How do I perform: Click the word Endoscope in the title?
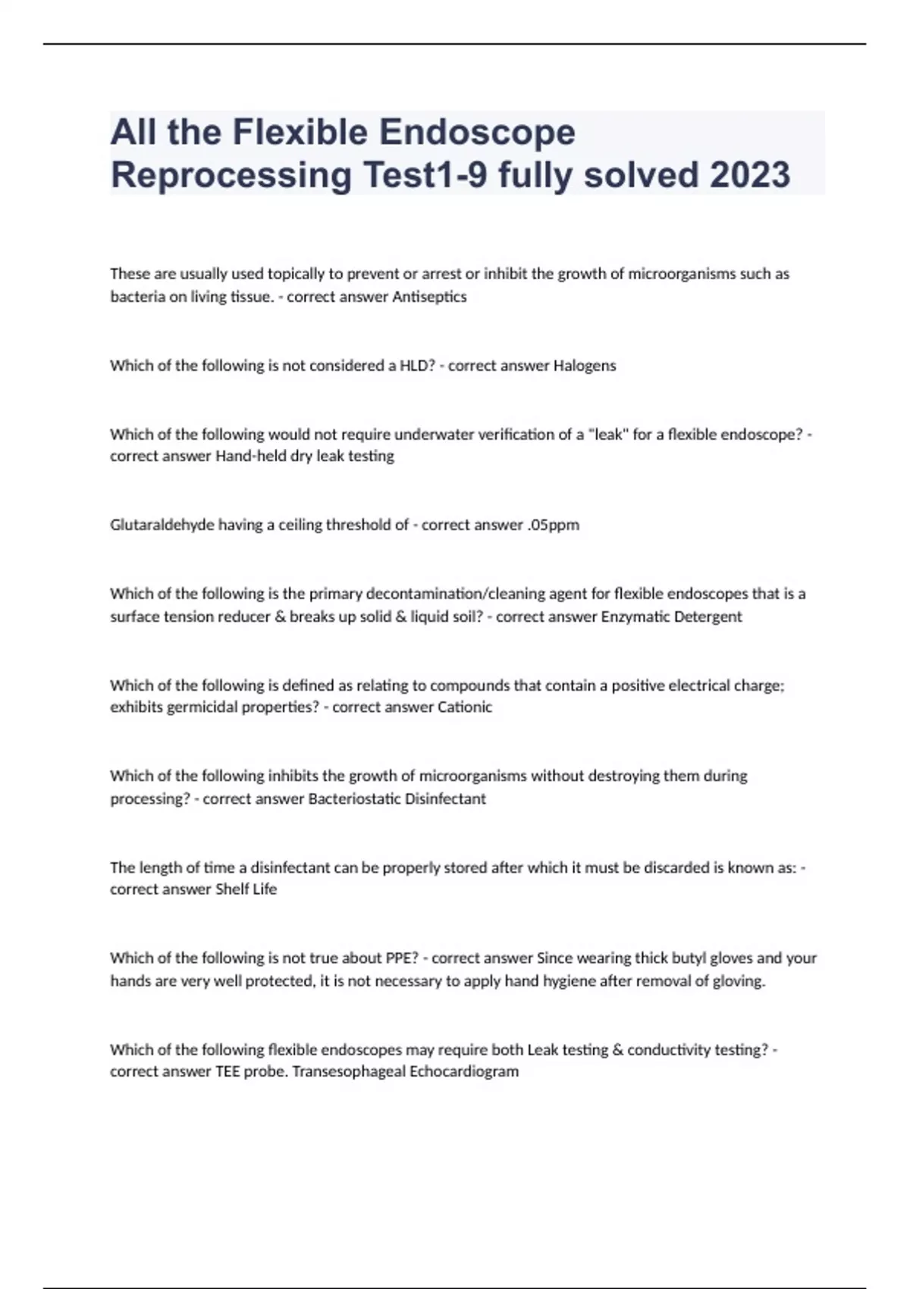pos(477,132)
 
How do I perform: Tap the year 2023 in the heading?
pos(750,175)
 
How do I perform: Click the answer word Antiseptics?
pos(429,296)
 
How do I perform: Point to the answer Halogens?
pos(584,365)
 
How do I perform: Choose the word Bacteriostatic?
pos(354,798)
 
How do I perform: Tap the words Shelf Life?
pos(246,889)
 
